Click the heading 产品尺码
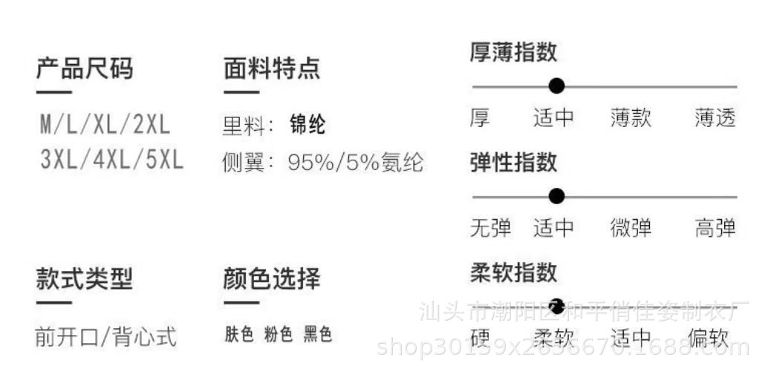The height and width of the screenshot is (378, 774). point(84,69)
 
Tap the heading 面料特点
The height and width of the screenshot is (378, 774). point(271,69)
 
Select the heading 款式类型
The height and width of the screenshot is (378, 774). point(84,279)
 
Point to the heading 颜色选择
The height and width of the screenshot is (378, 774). point(271,279)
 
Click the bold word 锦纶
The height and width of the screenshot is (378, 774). point(308,125)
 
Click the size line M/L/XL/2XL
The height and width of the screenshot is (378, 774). point(105,125)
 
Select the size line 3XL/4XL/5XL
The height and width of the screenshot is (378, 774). point(112,160)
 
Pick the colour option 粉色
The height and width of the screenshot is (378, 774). point(279,335)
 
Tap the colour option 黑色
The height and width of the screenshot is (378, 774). point(317,335)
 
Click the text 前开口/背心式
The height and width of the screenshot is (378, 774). point(105,336)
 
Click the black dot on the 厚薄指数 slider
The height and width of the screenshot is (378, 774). point(556,86)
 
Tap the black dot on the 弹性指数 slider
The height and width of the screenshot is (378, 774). point(556,197)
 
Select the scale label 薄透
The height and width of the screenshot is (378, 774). point(715,118)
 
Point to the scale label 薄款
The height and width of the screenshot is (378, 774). point(631,118)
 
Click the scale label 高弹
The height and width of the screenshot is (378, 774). point(715,228)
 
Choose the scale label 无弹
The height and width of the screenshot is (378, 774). point(490,228)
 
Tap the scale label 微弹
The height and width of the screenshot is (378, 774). point(631,228)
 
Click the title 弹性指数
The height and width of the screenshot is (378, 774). point(513,162)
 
